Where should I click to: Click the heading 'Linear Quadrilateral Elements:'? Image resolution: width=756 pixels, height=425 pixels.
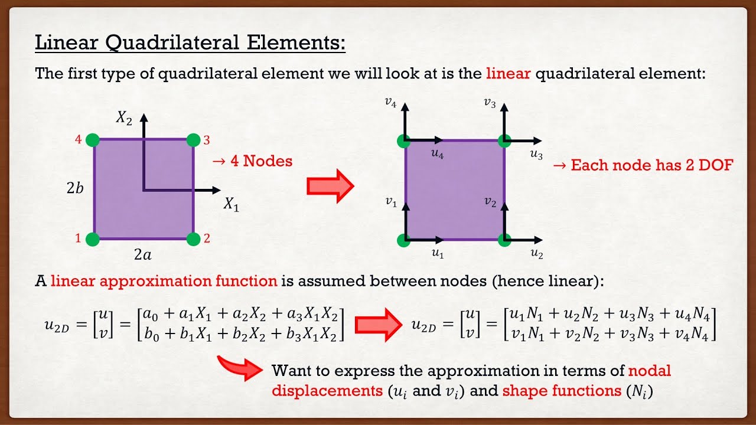190,43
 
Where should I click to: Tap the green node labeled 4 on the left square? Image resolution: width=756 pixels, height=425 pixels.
92,140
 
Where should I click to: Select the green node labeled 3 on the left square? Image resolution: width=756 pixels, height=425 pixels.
194,140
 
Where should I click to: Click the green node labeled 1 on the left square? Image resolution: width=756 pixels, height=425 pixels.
92,239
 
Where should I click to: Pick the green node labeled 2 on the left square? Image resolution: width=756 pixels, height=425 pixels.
194,239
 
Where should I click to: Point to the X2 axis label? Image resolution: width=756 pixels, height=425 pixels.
123,118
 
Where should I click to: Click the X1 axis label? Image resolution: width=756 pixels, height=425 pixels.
231,204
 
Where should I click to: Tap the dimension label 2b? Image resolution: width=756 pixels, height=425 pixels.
74,188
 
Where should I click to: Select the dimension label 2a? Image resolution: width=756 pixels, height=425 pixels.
142,255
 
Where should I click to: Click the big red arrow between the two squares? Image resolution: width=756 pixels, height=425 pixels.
330,186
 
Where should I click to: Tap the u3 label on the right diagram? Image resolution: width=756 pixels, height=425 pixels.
536,155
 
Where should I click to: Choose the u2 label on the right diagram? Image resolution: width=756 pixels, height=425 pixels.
536,254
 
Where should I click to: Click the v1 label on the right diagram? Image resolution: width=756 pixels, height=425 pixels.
390,202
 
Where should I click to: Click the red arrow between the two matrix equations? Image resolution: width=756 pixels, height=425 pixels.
377,324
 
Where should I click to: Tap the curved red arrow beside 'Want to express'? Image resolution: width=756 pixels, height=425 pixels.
239,368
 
